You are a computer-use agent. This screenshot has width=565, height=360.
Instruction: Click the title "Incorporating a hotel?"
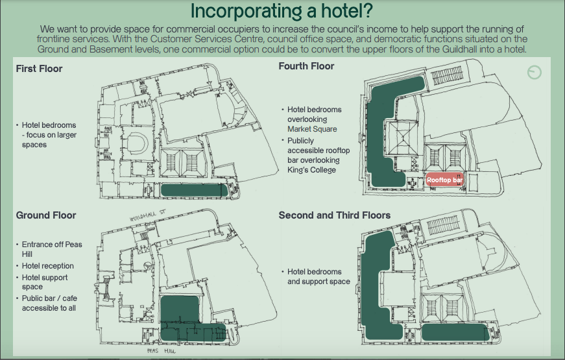tap(281, 11)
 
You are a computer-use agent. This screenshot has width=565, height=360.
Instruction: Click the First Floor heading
tap(39, 69)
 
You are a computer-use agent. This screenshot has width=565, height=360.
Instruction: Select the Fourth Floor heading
tap(306, 66)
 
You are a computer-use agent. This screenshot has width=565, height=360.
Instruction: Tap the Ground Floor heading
tap(46, 215)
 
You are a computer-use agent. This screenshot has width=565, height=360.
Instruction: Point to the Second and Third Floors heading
tap(334, 215)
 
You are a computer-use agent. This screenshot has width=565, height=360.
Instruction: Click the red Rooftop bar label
tap(444, 180)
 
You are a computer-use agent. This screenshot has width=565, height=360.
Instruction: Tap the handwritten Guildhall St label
tap(147, 215)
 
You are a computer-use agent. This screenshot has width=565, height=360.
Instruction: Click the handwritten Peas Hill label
tap(161, 351)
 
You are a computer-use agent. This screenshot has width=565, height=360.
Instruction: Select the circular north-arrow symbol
tap(534, 73)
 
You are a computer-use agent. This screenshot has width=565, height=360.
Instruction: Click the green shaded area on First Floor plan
tap(194, 190)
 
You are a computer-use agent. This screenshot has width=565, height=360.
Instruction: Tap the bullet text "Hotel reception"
tap(47, 265)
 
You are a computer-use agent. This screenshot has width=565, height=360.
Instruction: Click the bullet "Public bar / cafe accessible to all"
tap(49, 303)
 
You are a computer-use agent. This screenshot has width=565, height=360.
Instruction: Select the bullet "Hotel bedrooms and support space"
tap(319, 276)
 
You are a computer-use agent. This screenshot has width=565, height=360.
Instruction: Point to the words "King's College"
tap(311, 170)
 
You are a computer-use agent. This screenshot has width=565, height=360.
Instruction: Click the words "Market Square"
tap(312, 128)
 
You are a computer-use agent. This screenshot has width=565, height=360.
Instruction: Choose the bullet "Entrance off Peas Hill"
tap(52, 249)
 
